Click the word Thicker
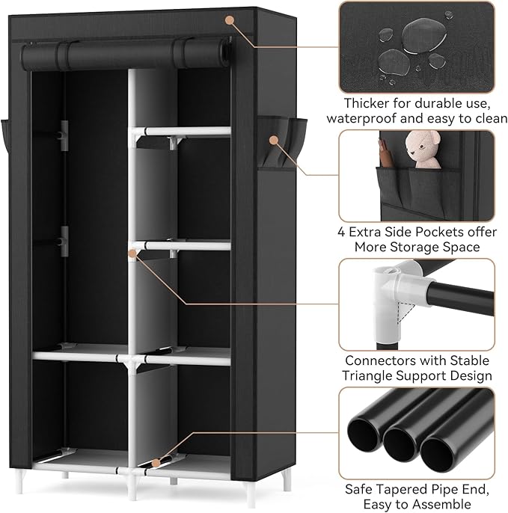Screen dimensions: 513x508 click(367, 102)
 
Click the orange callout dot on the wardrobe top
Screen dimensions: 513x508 click(229, 18)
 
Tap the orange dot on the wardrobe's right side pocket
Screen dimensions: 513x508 click(274, 139)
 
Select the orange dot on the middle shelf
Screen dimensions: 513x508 click(132, 254)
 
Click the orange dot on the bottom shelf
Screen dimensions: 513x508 click(156, 462)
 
